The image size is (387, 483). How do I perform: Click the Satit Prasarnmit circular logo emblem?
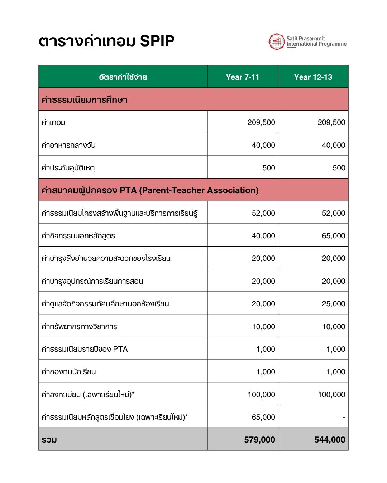pos(276,42)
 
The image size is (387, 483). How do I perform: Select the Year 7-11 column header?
pos(243,77)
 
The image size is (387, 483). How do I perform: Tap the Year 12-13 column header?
pos(313,77)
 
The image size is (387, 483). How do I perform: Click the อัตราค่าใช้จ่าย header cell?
pos(123,77)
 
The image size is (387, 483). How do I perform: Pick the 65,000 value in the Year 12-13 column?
pos(333,236)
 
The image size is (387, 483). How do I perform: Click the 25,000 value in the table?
pos(333,304)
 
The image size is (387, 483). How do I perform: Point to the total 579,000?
pos(259,440)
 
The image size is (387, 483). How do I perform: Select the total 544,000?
pos(330,440)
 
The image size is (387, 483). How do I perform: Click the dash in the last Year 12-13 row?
pos(344,418)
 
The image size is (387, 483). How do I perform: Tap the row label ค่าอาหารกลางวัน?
pos(68,145)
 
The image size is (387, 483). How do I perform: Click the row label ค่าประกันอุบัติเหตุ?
pos(68,168)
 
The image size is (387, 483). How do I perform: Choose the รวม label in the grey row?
pos(49,440)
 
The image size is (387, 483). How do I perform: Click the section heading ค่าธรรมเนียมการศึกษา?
pos(84,99)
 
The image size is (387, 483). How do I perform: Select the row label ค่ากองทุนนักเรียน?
pos(68,372)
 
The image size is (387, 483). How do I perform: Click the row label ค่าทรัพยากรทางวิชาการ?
pos(79,327)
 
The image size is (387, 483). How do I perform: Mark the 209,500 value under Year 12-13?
pos(331,122)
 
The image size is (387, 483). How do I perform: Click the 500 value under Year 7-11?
pos(269,168)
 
